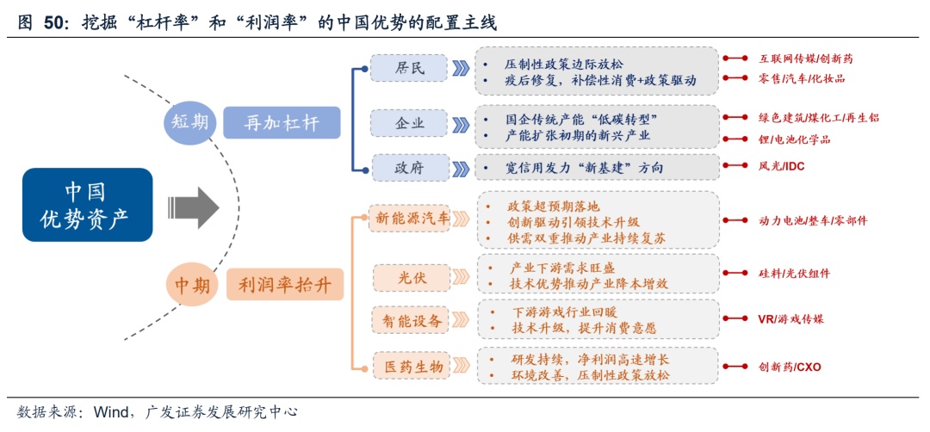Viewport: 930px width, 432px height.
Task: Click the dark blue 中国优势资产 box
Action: coord(87,204)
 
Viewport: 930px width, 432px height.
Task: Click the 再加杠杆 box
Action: coord(282,123)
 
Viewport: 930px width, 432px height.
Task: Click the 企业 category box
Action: coord(409,123)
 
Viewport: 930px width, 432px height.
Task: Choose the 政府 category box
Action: coord(409,167)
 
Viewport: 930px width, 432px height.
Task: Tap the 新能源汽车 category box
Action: coord(412,219)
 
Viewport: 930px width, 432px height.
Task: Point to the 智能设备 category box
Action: coord(412,321)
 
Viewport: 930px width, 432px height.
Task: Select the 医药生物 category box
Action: coord(412,367)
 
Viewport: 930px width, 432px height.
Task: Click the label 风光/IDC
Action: coord(781,166)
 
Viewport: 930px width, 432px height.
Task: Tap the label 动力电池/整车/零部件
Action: coord(812,220)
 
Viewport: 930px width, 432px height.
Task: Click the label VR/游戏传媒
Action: coord(790,319)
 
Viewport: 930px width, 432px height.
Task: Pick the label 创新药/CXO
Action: coord(790,367)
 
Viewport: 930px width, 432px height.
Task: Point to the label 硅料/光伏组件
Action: coord(794,273)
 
